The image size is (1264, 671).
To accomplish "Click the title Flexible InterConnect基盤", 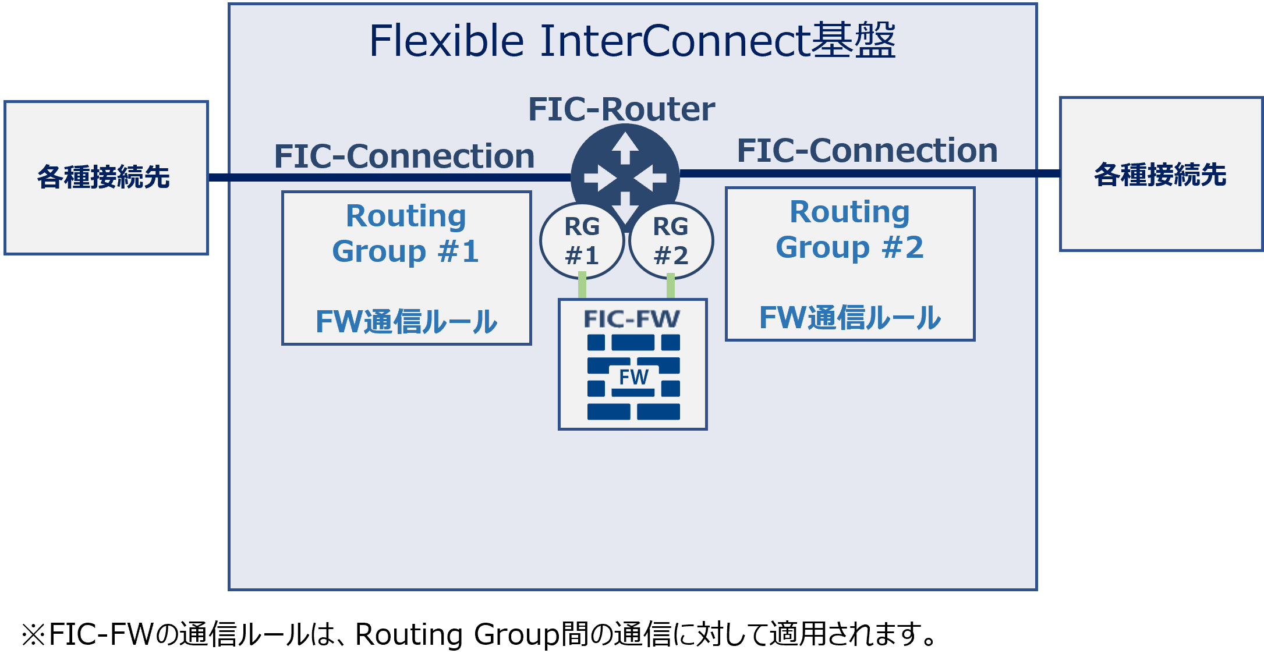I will pos(632,41).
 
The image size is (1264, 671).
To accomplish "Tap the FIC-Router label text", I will pos(621,109).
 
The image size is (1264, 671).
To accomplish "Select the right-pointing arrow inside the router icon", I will pos(600,178).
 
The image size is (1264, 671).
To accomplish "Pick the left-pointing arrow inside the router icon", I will pos(650,178).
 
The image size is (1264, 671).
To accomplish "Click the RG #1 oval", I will pos(582,241).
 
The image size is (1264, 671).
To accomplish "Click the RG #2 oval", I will pos(671,241).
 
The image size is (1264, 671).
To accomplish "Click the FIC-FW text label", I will pos(632,319).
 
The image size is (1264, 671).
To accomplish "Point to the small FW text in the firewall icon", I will pos(633,377).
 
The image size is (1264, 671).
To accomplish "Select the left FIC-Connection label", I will pos(404,156).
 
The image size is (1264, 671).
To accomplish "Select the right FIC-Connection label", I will pos(867,150).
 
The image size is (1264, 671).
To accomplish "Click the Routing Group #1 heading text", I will pos(406,233).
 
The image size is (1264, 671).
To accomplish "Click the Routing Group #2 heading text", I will pos(849,229).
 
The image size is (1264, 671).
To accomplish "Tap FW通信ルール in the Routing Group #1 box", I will pos(406,321).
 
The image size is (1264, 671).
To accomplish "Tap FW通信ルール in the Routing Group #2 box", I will pos(849,317).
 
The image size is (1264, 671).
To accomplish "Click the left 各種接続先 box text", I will pos(104,177).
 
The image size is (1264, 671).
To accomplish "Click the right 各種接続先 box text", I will pos(1160,175).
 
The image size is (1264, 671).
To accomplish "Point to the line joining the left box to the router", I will pos(384,177).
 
